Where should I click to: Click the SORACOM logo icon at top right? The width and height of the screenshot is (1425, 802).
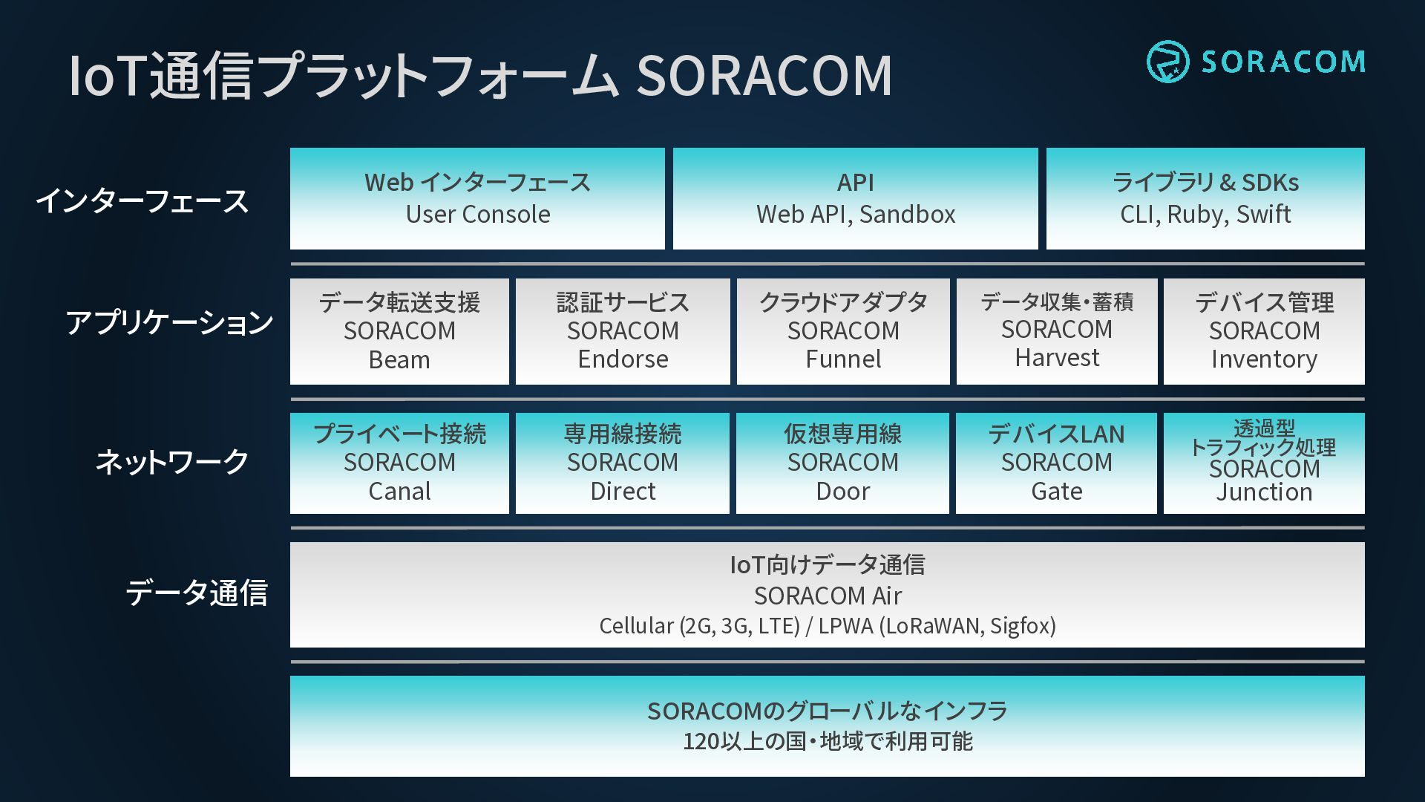pyautogui.click(x=1167, y=62)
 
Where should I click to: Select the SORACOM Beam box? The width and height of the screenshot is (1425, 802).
pyautogui.click(x=399, y=331)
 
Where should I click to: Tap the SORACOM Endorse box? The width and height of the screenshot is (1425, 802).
pyautogui.click(x=623, y=331)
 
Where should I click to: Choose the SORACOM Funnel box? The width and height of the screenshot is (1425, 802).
pyautogui.click(x=843, y=331)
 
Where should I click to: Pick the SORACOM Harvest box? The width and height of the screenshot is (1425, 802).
pyautogui.click(x=1057, y=331)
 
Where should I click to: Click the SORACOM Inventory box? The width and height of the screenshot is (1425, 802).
pyautogui.click(x=1264, y=331)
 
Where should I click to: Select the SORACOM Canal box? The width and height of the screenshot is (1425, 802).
pyautogui.click(x=399, y=463)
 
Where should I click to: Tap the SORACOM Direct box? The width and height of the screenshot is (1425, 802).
pyautogui.click(x=623, y=463)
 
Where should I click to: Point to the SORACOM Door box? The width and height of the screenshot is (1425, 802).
pyautogui.click(x=842, y=463)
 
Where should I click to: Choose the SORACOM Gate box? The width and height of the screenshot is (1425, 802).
pyautogui.click(x=1056, y=463)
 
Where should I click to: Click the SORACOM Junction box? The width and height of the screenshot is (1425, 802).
pyautogui.click(x=1264, y=463)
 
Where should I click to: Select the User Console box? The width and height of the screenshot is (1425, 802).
pyautogui.click(x=477, y=198)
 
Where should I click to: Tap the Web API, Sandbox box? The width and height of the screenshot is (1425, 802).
pyautogui.click(x=856, y=198)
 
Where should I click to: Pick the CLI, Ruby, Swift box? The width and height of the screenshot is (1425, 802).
pyautogui.click(x=1205, y=198)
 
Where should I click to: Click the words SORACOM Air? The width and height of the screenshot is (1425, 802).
pyautogui.click(x=828, y=596)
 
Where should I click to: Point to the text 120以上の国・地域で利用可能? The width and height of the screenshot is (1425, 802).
pyautogui.click(x=828, y=741)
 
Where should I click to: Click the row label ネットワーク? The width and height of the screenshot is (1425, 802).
pyautogui.click(x=172, y=462)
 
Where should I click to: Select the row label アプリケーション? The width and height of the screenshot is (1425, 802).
pyautogui.click(x=169, y=322)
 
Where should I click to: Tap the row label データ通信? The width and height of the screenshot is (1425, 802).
pyautogui.click(x=197, y=593)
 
